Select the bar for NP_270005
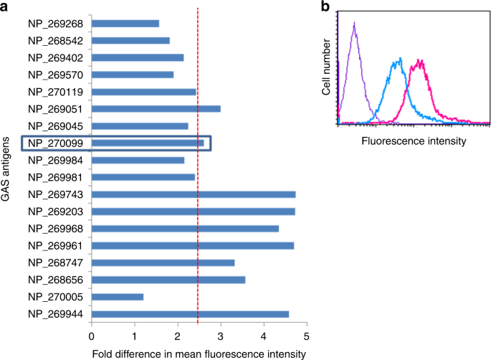click(118, 297)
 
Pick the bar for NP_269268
click(125, 24)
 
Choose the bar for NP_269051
click(156, 109)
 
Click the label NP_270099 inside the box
click(57, 143)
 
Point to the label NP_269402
click(57, 58)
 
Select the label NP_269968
click(57, 229)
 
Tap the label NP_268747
click(57, 263)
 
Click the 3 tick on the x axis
click(221, 336)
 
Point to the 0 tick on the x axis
click(92, 336)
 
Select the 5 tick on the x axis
click(307, 336)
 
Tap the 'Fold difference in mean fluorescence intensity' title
click(199, 353)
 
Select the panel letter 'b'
click(325, 8)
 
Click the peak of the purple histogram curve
click(355, 23)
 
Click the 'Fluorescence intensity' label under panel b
click(414, 141)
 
